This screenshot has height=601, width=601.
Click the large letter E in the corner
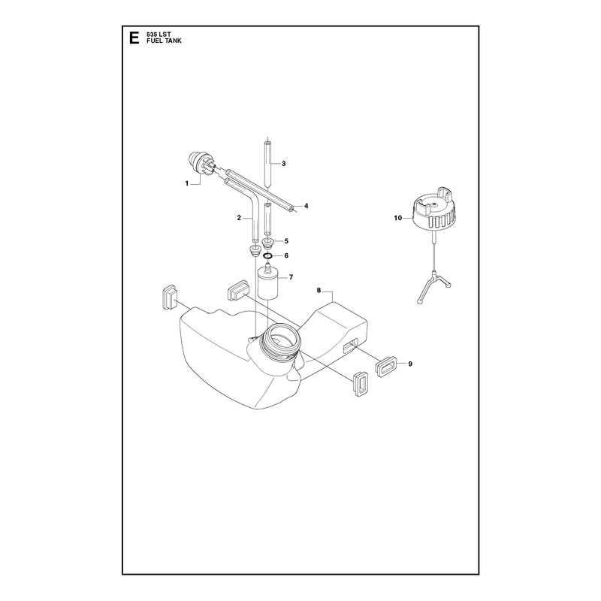tap(134, 38)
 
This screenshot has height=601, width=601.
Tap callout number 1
tap(187, 183)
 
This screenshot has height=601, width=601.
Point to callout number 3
tap(284, 164)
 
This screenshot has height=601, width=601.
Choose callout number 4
tap(307, 206)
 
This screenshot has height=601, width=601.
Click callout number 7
tap(291, 276)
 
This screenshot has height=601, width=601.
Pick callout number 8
tap(319, 291)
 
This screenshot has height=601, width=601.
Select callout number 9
tap(410, 364)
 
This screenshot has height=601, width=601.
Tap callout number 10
tap(398, 218)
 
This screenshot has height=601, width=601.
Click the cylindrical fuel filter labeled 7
tap(270, 282)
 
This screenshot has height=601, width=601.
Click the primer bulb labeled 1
tap(200, 164)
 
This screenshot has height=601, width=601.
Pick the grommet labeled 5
tap(269, 243)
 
